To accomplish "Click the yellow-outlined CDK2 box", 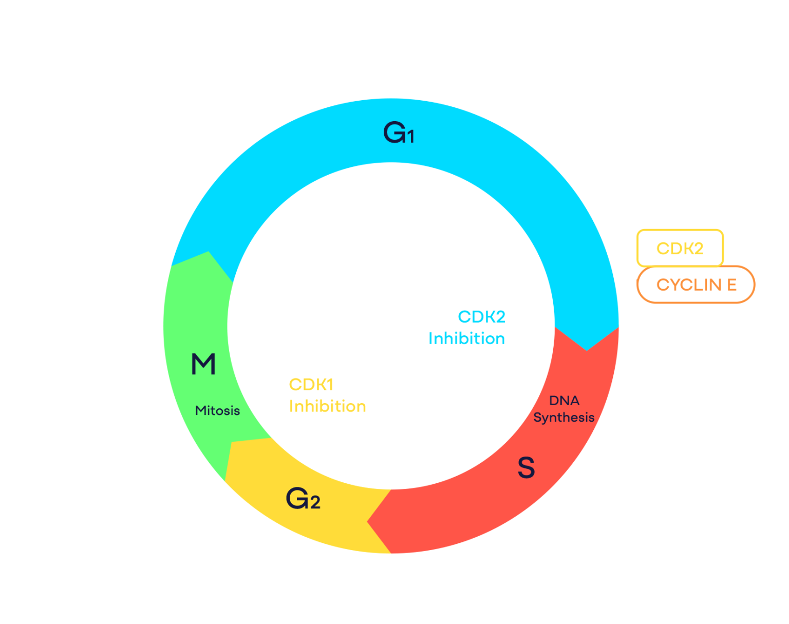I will coord(680,249).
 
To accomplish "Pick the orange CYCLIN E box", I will coord(696,285).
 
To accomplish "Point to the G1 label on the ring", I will coord(399,134).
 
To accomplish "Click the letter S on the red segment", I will coord(526,467).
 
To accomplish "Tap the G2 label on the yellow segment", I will coord(303,498).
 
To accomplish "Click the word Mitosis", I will coord(217,411).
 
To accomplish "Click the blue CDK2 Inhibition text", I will coord(467,328).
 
